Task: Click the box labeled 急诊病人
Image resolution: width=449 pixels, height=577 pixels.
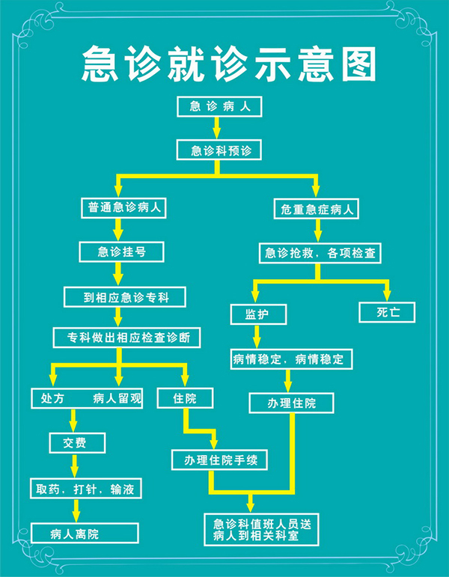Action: (x=219, y=107)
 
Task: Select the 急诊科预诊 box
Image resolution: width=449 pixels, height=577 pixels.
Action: (x=219, y=150)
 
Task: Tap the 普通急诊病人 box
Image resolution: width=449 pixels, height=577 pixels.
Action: (x=123, y=208)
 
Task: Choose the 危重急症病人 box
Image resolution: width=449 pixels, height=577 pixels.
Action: (x=316, y=209)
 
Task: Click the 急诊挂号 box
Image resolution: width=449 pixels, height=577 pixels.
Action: (x=121, y=252)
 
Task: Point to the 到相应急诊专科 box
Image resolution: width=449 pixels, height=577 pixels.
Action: (x=125, y=297)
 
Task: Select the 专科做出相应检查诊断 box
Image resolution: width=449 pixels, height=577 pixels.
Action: (x=127, y=338)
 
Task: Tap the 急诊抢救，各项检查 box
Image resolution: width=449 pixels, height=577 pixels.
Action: (x=320, y=253)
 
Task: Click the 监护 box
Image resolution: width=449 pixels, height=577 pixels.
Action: (x=258, y=314)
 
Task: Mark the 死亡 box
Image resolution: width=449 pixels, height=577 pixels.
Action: (x=387, y=313)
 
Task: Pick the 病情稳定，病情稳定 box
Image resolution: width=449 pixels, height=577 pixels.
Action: (x=292, y=359)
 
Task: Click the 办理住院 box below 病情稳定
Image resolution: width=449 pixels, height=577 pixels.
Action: (x=292, y=403)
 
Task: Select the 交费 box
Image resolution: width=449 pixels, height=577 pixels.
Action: (x=77, y=443)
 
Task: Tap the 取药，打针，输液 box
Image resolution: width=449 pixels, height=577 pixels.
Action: (x=86, y=489)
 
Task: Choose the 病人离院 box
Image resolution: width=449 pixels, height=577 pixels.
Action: (x=85, y=533)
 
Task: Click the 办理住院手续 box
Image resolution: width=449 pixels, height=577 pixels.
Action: (x=220, y=460)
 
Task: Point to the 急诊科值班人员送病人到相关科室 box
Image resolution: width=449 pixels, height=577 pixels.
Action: (x=262, y=530)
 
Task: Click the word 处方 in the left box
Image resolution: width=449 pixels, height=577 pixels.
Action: (x=52, y=399)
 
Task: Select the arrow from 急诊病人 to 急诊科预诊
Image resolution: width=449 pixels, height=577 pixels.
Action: (x=217, y=128)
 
